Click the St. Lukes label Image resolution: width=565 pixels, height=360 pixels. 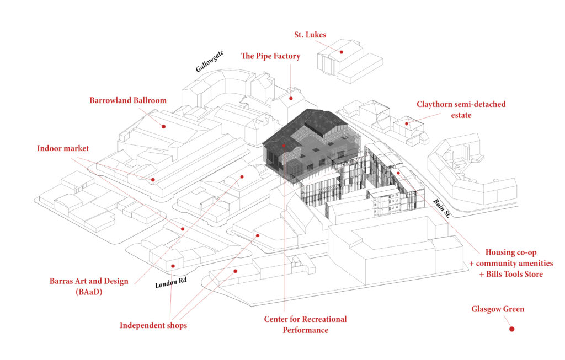(x=310, y=35)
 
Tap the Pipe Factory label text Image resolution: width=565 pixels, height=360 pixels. (x=270, y=56)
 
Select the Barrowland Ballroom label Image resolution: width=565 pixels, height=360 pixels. (x=128, y=100)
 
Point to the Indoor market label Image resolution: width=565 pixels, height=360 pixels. (x=63, y=148)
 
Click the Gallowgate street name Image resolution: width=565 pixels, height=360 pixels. (x=209, y=61)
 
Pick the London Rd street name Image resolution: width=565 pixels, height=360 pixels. (x=171, y=283)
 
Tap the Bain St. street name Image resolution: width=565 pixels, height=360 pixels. (x=441, y=208)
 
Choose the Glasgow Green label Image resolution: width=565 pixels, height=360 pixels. (x=498, y=309)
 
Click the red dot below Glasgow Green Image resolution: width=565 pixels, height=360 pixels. (x=511, y=329)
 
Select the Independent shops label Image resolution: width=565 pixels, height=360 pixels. (x=153, y=325)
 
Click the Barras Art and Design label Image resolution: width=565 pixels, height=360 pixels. (x=89, y=281)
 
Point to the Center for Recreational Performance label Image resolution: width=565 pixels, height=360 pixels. (x=305, y=324)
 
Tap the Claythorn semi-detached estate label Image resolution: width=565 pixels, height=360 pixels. (x=461, y=110)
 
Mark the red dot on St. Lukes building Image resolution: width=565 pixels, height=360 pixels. (x=341, y=52)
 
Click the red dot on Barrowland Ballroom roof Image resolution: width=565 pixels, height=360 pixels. (x=163, y=126)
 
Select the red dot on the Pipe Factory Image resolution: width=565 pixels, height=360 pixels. (x=291, y=98)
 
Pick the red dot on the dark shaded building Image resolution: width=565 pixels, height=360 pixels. (x=284, y=146)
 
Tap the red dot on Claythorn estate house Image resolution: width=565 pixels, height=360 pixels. (x=407, y=124)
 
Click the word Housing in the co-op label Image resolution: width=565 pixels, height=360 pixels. (x=499, y=252)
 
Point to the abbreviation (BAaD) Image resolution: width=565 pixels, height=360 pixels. (x=89, y=292)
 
